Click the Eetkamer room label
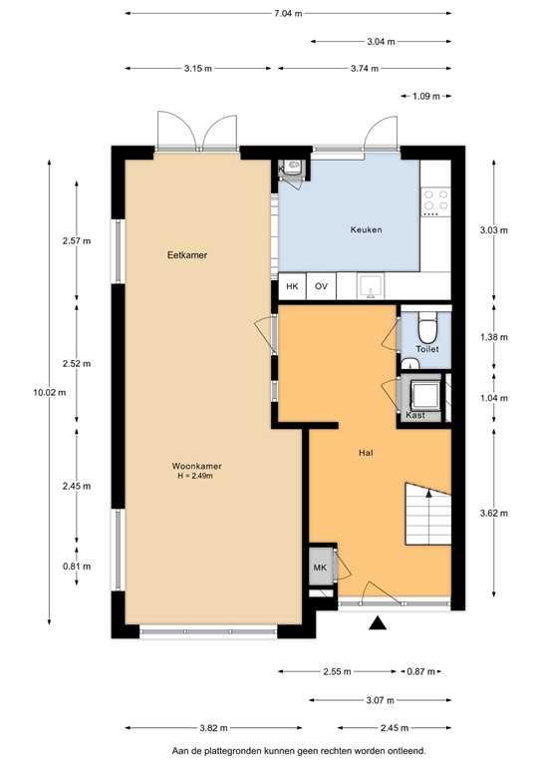pos(186,256)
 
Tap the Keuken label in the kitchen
pos(366,230)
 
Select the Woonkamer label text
pos(196,466)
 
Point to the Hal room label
pos(366,453)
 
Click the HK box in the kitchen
pos(292,287)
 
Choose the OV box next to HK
pos(321,287)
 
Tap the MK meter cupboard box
pos(320,569)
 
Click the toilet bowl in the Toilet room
pos(426,329)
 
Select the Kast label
pos(415,415)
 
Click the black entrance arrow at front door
pos(378,624)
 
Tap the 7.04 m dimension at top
pos(287,14)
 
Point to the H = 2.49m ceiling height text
pos(195,477)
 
